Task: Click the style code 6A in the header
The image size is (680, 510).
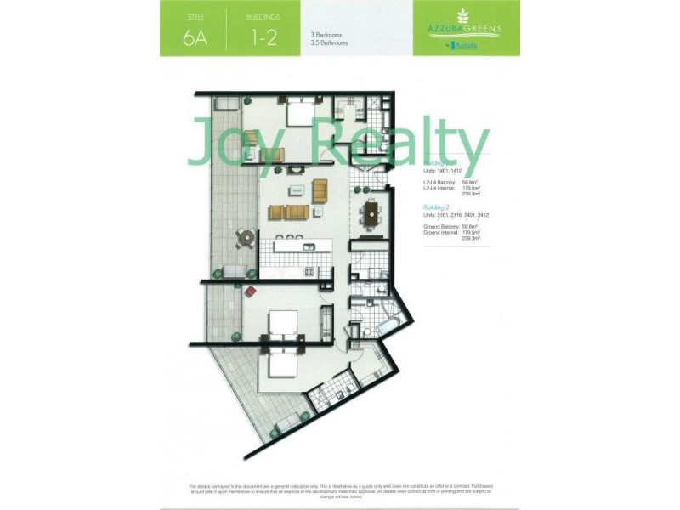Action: coord(193,37)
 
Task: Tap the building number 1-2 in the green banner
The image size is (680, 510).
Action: coord(262,37)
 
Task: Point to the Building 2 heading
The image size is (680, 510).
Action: coord(439,207)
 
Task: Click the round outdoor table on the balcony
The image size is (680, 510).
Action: coord(244,239)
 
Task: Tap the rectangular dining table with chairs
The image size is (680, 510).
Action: coord(372,214)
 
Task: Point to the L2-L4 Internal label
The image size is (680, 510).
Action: coord(440,188)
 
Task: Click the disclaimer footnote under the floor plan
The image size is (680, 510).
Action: coord(340,490)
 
